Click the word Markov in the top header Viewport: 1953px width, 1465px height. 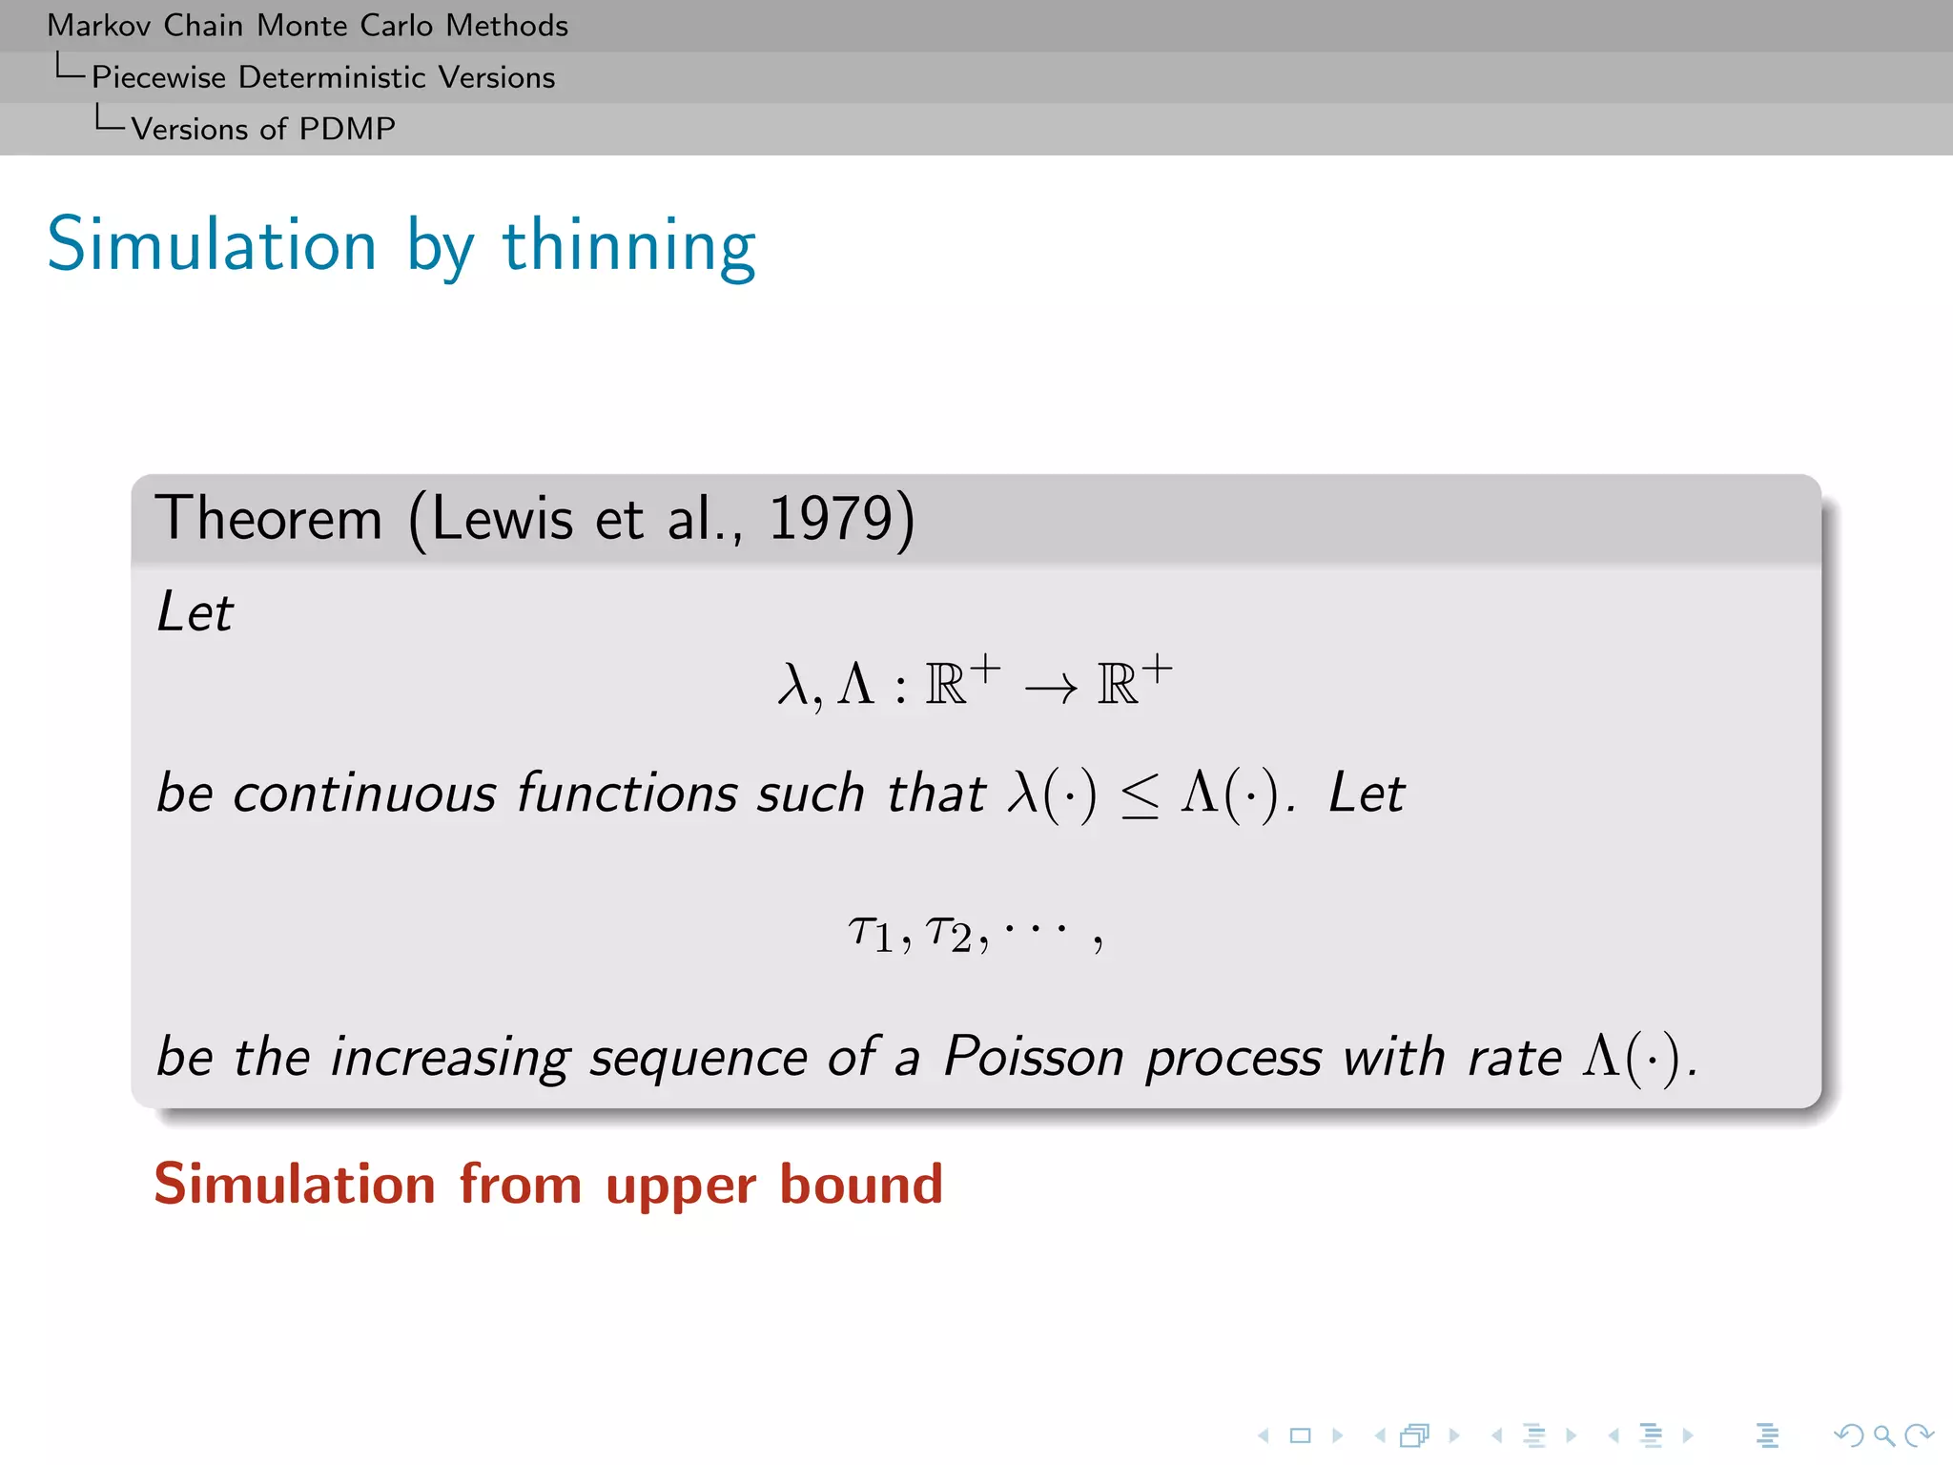[x=99, y=26]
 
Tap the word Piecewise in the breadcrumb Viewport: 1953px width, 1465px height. [x=158, y=77]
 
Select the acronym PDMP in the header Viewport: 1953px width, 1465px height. [x=347, y=129]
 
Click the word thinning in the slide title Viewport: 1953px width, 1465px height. [x=628, y=246]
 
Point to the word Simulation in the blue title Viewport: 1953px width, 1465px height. [x=212, y=246]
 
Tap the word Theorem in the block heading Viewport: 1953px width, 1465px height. [x=268, y=519]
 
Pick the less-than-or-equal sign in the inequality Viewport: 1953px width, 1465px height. [x=1140, y=794]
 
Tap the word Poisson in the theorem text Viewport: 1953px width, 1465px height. [x=1034, y=1057]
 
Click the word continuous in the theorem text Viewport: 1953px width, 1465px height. [x=364, y=794]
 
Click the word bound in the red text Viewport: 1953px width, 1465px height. [x=861, y=1185]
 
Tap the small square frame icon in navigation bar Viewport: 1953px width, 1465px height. [x=1300, y=1435]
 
